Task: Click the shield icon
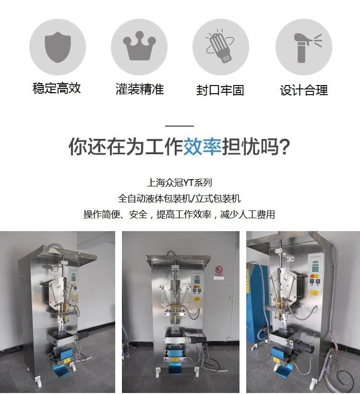pos(58,47)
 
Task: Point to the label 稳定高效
pos(57,88)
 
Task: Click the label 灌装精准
pos(140,89)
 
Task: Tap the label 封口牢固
pos(220,90)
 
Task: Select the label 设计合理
pos(304,90)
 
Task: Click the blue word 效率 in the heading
pos(203,147)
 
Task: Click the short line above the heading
pos(180,126)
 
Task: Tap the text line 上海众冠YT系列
pos(180,183)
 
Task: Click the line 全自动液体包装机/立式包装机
pos(180,198)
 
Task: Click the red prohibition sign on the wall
pos(219,270)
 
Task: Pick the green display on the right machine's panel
pos(316,266)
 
